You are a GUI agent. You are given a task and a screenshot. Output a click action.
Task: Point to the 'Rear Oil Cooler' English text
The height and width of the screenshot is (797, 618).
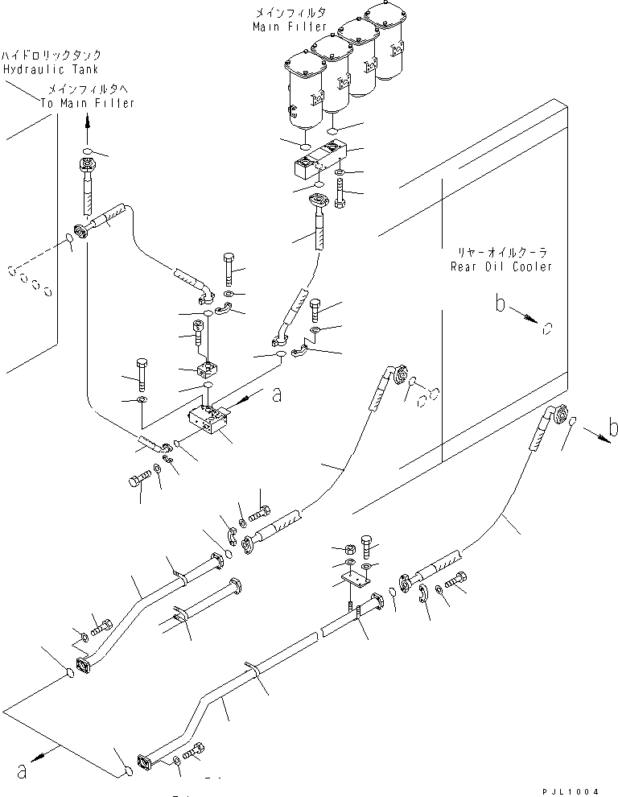point(501,266)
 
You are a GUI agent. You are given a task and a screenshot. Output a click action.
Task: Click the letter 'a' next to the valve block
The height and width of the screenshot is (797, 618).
point(278,394)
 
